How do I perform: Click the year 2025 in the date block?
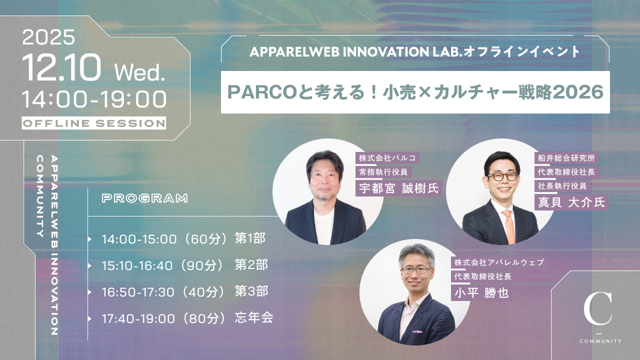pos(48,37)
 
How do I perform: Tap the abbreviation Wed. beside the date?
pos(139,72)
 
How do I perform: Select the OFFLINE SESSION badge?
pos(93,123)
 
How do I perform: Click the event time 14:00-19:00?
pos(94,99)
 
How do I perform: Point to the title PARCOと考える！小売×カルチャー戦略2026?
pos(415,92)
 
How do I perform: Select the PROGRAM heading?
pos(144,198)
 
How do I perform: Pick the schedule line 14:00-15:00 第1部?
pos(183,238)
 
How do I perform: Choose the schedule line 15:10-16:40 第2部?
pos(185,265)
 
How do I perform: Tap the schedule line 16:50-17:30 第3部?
pos(185,291)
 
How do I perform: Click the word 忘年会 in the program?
pos(254,317)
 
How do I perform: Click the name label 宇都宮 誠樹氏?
pos(398,188)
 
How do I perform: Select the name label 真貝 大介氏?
pos(571,202)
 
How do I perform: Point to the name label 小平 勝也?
pos(481,293)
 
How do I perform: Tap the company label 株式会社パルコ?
pos(387,158)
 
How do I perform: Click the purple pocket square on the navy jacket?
pos(417,331)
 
